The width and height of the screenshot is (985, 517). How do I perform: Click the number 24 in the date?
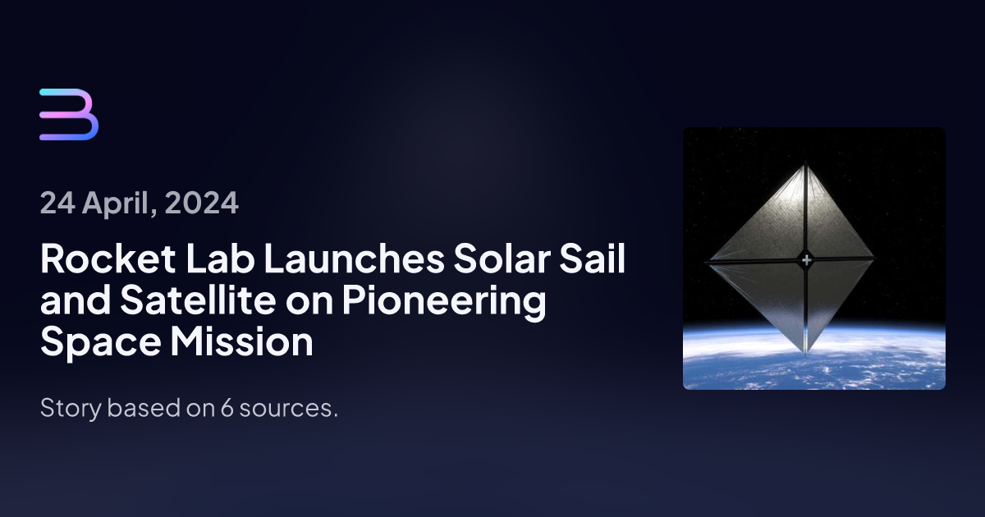point(56,202)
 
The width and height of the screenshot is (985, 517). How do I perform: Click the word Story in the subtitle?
point(66,409)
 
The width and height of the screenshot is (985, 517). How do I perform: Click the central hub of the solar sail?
point(806,261)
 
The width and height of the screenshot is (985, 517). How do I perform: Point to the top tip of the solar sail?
point(805,162)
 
